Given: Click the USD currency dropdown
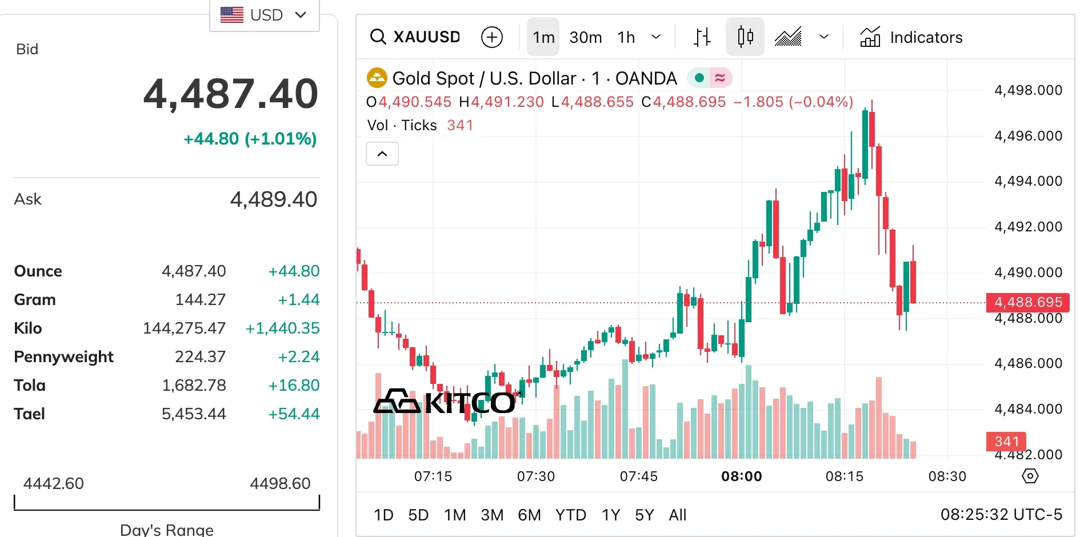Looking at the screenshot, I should coord(264,15).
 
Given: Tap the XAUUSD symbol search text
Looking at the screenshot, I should coord(426,37).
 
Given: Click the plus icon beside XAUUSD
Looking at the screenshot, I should coord(491,37).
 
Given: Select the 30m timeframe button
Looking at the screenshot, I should coord(585,37).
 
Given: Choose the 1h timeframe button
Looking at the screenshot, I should coord(626,37).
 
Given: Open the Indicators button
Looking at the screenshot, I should coord(911,37).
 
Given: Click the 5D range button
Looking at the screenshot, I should coord(418,515).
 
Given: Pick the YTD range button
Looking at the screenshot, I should coord(570,515).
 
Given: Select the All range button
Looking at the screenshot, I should coord(677,515).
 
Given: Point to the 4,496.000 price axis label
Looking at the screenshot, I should coord(1028,136).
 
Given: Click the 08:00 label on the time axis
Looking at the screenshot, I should coord(741,476).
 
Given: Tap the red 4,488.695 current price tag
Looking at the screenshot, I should coord(1027,302).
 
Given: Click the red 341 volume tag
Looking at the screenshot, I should coord(1006,441).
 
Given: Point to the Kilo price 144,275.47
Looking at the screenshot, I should coord(184,328).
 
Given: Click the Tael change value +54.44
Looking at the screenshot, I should coord(294,414).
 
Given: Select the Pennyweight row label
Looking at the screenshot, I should coord(63,356).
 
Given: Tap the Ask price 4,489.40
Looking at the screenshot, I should coord(273,199).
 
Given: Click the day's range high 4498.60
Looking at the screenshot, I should coord(280,483).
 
